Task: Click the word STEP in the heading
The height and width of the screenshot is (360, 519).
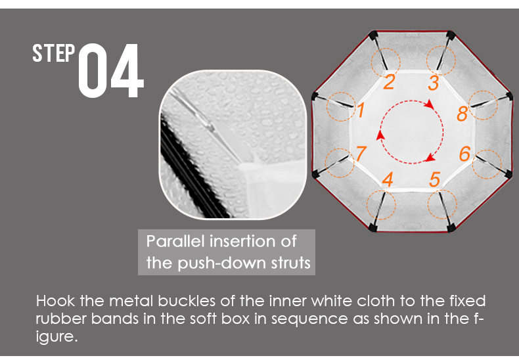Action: click(x=54, y=53)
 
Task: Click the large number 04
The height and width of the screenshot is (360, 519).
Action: click(x=111, y=70)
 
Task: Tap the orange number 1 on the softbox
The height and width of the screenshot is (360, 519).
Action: click(x=361, y=110)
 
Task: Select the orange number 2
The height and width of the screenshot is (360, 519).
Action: click(x=389, y=81)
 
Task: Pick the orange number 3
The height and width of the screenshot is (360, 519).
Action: click(x=434, y=83)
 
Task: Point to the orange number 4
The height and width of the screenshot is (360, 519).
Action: click(x=388, y=179)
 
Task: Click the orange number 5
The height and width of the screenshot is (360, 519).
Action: click(x=435, y=179)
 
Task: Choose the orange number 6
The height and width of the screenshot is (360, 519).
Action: click(x=464, y=154)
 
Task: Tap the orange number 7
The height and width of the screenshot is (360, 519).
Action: click(x=361, y=153)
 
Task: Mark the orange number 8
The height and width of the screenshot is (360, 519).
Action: click(x=462, y=114)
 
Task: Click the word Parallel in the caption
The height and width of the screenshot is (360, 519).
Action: click(x=175, y=241)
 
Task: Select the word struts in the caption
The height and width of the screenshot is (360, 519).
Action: click(x=291, y=263)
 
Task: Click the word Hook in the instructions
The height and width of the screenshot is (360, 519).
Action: click(x=55, y=301)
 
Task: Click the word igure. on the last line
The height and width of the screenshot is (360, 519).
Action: click(x=56, y=337)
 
